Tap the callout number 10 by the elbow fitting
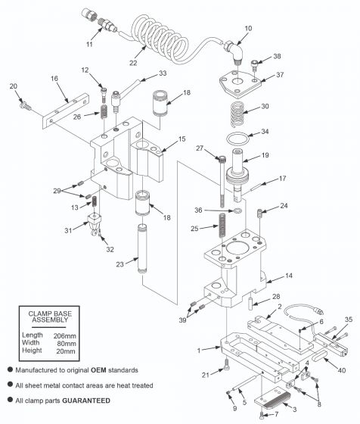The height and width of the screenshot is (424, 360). [248, 28]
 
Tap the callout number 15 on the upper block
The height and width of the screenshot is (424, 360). [182, 139]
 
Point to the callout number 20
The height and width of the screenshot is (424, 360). [13, 86]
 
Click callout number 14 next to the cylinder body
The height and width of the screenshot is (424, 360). [288, 275]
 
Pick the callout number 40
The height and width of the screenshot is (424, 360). [341, 370]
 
